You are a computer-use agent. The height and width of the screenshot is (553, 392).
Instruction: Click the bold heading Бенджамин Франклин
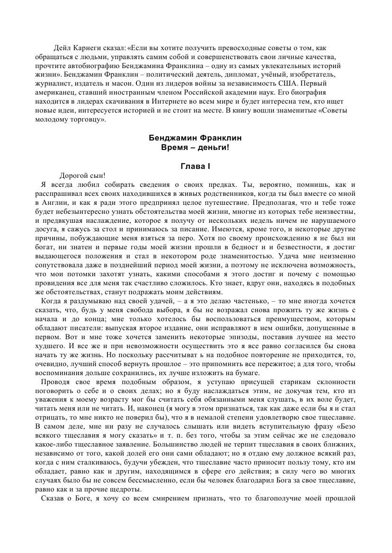coord(196,138)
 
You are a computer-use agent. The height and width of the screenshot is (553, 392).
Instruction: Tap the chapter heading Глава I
coord(196,167)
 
